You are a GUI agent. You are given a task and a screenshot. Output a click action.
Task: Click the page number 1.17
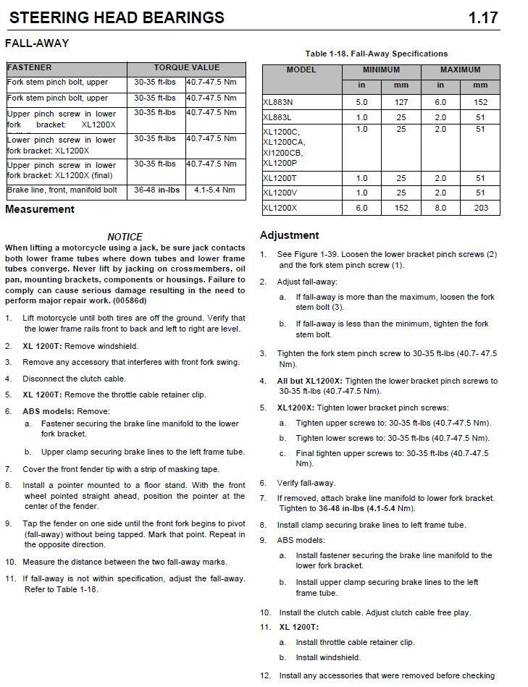tap(483, 17)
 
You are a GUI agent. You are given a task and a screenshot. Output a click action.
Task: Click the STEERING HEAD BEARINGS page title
tap(117, 17)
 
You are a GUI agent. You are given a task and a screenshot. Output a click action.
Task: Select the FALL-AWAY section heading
tap(37, 43)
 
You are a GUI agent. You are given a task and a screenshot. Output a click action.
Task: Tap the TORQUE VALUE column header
tap(186, 67)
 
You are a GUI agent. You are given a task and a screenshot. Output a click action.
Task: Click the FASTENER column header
tap(30, 67)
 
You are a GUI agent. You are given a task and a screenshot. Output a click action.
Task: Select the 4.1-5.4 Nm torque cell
tap(214, 190)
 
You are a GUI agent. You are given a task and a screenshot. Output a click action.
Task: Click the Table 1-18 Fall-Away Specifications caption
tap(377, 54)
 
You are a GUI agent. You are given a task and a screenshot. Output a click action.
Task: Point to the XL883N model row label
tap(279, 103)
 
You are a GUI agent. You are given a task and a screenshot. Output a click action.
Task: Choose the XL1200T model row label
tap(280, 178)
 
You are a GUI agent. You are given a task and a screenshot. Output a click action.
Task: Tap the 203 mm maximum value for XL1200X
tap(479, 208)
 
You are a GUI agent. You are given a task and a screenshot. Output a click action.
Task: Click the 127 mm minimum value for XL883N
tap(401, 103)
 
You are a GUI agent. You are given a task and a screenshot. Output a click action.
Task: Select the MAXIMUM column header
tap(460, 70)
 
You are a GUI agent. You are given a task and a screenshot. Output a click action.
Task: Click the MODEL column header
tap(301, 70)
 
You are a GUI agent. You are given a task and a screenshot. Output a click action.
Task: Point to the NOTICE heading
tap(125, 237)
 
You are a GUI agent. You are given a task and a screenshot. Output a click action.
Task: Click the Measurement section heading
tap(40, 209)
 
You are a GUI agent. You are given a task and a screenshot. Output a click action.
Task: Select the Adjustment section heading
tap(289, 235)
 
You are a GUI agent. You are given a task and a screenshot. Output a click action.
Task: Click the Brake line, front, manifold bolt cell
tap(62, 190)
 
